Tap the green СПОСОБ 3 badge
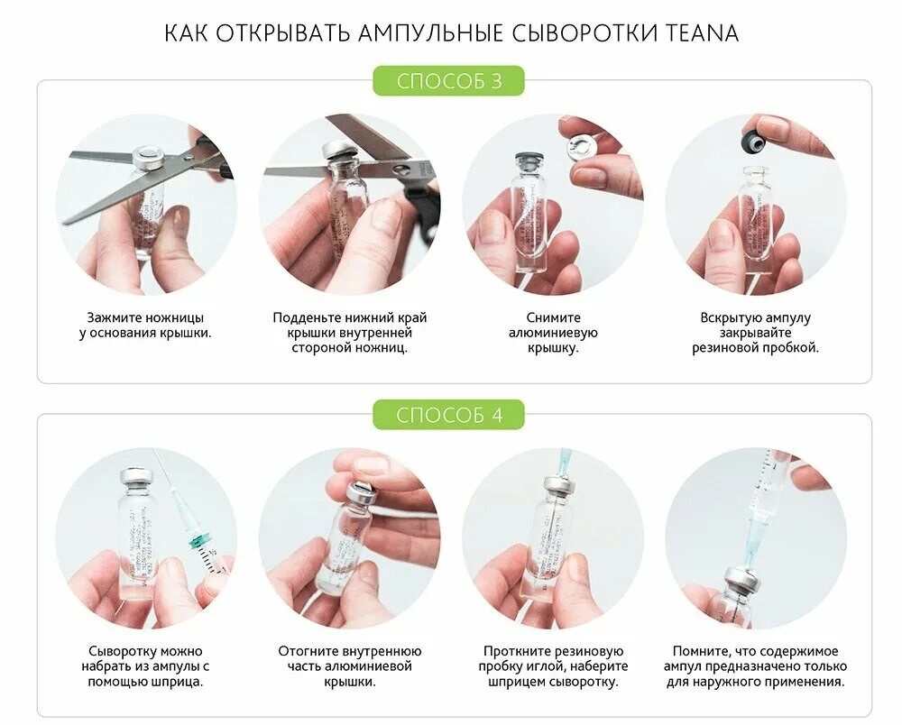pos(449,81)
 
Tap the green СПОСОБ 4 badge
pos(449,415)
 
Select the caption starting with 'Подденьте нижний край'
pos(350,332)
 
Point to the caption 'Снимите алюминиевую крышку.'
pos(552,332)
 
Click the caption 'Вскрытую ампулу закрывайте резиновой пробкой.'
pos(756,332)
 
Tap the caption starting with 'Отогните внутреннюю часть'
pos(350,665)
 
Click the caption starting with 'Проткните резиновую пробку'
pos(552,665)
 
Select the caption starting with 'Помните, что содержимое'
pos(756,665)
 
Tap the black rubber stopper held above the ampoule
pos(751,140)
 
